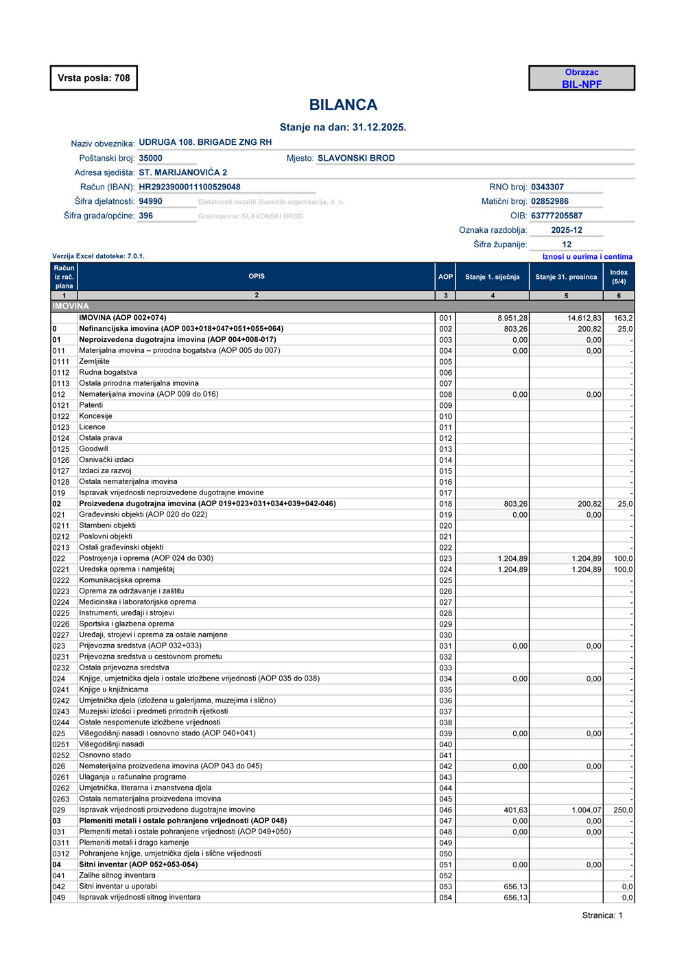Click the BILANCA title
coord(343,105)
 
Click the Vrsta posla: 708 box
coord(94,78)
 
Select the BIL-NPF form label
coord(582,84)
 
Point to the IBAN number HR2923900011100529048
coord(189,187)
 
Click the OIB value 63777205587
coord(556,216)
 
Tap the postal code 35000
coord(150,158)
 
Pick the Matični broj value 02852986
coord(549,201)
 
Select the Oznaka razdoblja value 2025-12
coord(567,230)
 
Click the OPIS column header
coord(257,276)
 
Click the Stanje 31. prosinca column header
coord(566,277)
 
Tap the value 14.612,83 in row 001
coord(584,318)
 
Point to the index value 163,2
coord(623,318)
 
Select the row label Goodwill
coord(93,449)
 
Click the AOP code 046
coord(446,810)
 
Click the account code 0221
coord(61,569)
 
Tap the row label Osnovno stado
coord(105,755)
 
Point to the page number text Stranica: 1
coord(602,915)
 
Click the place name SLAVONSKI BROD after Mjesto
coord(356,158)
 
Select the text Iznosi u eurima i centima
coord(587,257)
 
